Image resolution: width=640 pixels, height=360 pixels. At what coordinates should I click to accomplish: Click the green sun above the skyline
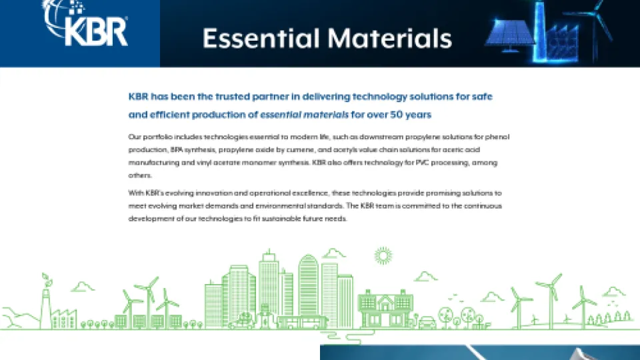coord(383,255)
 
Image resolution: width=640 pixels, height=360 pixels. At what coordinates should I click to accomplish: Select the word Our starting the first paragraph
coord(135,137)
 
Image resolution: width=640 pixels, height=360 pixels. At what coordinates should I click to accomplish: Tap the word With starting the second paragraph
coord(135,193)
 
